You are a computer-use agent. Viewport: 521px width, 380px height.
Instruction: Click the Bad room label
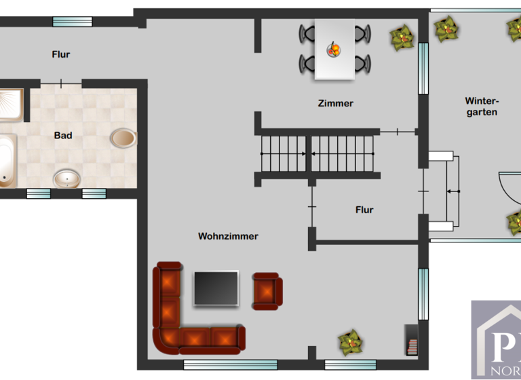click(x=63, y=135)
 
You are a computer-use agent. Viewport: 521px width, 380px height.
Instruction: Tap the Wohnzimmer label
click(x=228, y=236)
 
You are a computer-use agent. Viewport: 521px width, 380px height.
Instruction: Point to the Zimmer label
click(x=335, y=103)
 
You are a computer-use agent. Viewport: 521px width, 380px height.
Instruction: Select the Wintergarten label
click(x=481, y=106)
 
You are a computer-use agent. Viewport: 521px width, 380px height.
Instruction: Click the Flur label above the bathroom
click(x=61, y=54)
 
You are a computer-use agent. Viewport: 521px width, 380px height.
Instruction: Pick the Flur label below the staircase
click(x=364, y=210)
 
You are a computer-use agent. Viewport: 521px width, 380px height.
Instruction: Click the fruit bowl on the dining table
click(x=334, y=50)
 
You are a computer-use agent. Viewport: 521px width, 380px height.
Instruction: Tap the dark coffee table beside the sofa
click(x=216, y=288)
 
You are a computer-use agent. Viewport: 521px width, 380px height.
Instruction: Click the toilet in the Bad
click(x=123, y=138)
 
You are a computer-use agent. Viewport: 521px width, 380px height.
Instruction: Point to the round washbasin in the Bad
click(x=67, y=179)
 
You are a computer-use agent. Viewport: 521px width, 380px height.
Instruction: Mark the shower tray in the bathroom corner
click(x=11, y=104)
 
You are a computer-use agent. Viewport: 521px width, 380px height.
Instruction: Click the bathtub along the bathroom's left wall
click(x=7, y=161)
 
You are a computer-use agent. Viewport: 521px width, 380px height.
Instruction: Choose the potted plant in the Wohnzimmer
click(x=350, y=342)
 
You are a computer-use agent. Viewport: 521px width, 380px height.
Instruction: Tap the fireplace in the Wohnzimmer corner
click(x=412, y=340)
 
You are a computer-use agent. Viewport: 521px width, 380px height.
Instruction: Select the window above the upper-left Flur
click(x=73, y=21)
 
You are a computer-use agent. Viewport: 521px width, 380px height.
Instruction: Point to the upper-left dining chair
click(x=307, y=33)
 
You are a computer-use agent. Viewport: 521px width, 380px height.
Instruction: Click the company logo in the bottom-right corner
click(x=496, y=339)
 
